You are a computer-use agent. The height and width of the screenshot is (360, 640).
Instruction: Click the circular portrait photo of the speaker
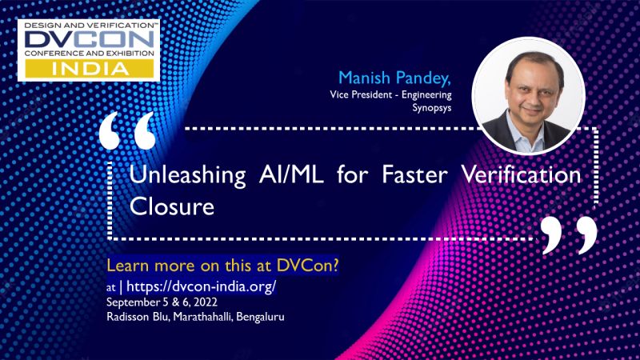pyautogui.click(x=528, y=94)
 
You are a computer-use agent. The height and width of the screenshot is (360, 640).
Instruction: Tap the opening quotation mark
pyautogui.click(x=128, y=132)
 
